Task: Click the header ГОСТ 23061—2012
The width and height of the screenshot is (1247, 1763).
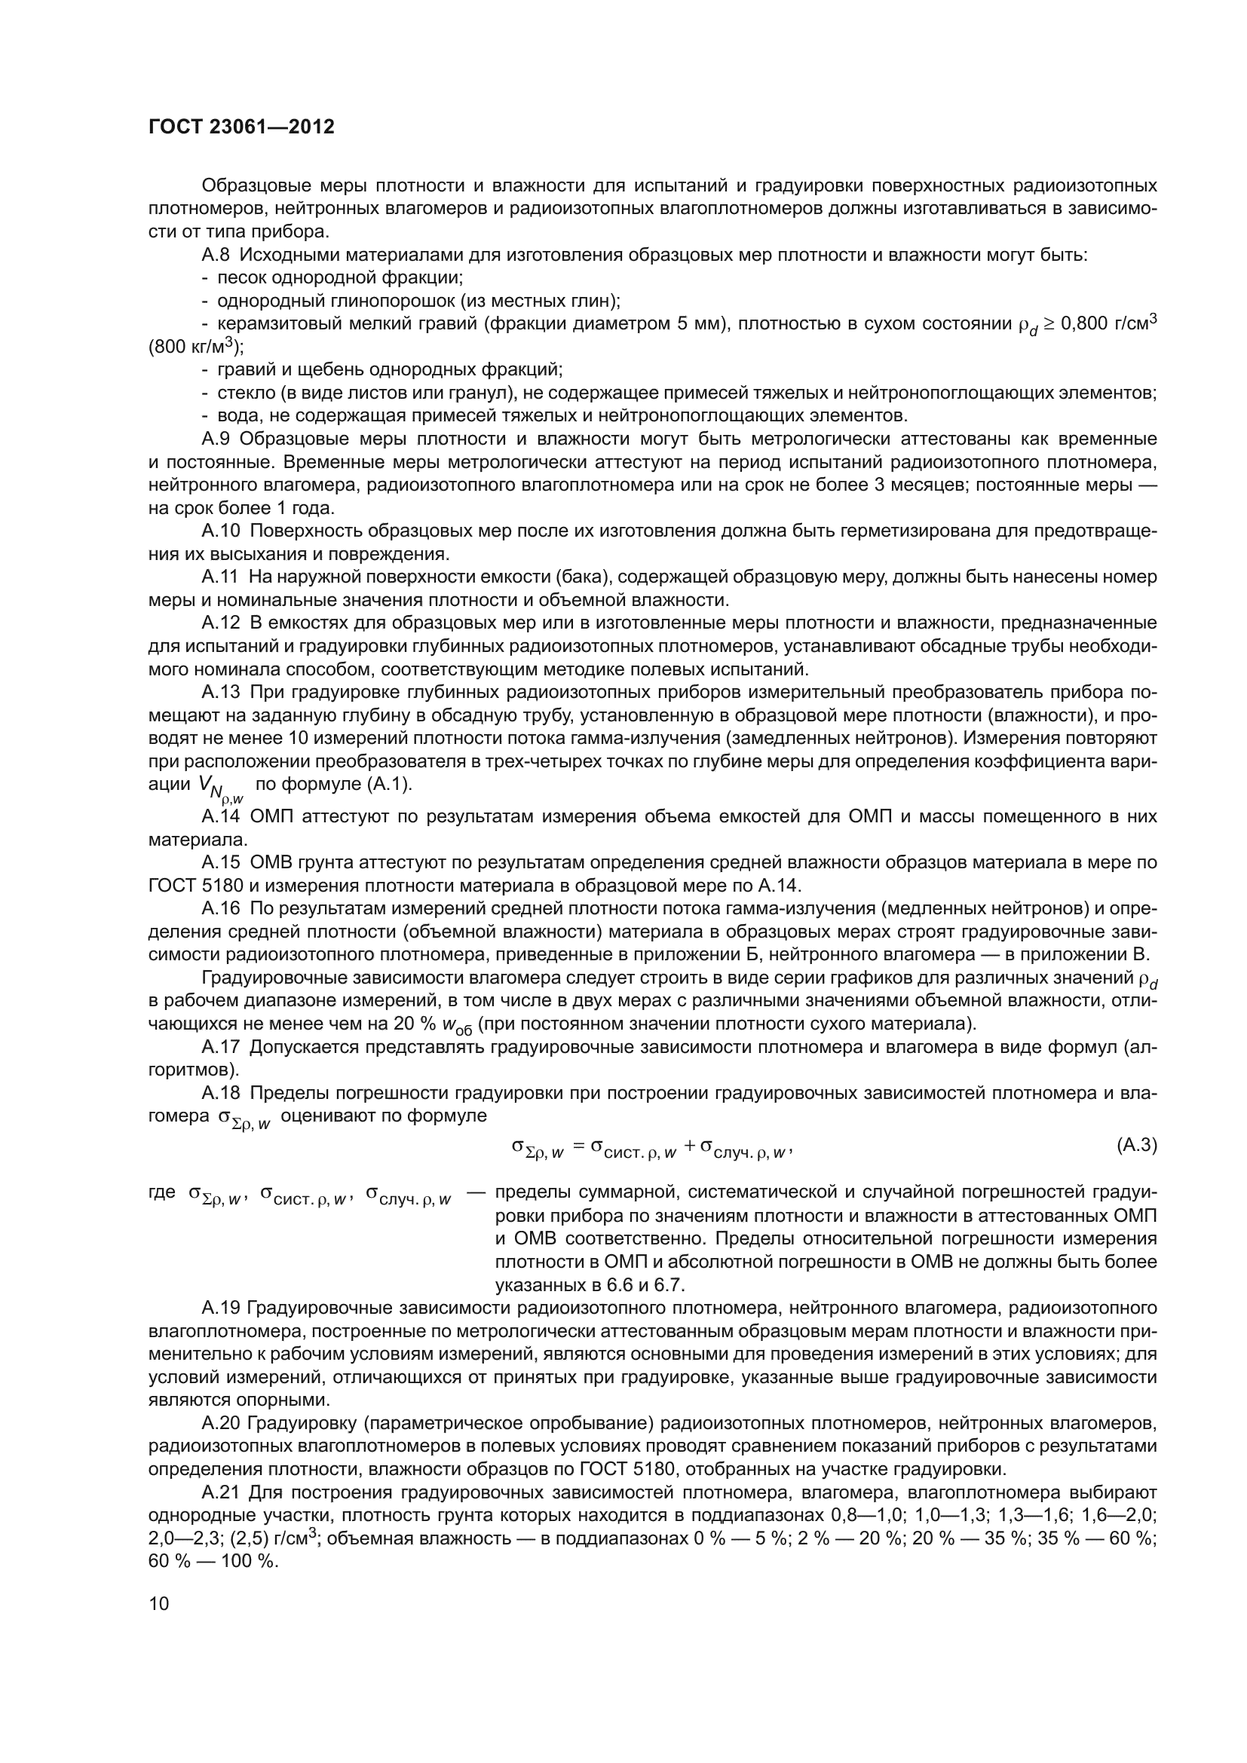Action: point(241,127)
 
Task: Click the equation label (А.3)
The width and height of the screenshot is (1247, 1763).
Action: point(1135,1145)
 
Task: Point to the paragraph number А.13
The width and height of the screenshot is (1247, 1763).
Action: point(220,692)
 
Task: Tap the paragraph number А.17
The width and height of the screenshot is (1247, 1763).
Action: point(220,1047)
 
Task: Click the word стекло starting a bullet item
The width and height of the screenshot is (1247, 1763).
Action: point(241,393)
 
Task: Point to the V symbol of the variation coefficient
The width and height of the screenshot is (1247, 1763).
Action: point(204,782)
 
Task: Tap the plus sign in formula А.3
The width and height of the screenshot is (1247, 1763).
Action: point(689,1146)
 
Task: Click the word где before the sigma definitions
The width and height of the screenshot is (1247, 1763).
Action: point(162,1192)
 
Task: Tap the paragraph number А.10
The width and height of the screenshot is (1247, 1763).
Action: point(220,531)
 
